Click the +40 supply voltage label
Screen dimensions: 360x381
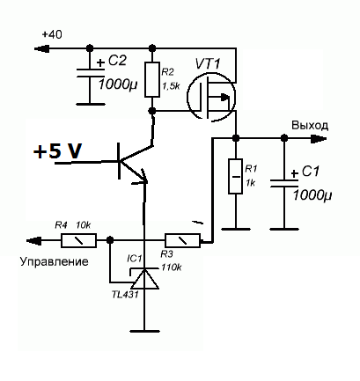[52, 34]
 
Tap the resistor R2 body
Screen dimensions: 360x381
[152, 79]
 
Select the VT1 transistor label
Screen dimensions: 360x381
[208, 63]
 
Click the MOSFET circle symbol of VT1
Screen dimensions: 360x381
[211, 97]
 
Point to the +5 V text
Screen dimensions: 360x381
[57, 151]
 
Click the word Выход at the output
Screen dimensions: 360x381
[310, 126]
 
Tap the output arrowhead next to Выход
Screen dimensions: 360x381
[319, 139]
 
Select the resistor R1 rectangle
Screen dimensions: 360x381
[235, 176]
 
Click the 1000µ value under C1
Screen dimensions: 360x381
[312, 195]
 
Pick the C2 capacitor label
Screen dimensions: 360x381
[117, 61]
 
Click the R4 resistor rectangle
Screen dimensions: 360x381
[78, 240]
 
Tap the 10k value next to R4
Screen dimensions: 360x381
[84, 225]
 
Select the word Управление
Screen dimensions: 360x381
[55, 261]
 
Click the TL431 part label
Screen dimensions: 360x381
[125, 295]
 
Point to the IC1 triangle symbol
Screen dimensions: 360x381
[144, 279]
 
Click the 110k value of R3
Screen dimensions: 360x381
[171, 267]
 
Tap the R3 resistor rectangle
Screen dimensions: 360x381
[183, 240]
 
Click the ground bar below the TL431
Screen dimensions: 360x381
[144, 331]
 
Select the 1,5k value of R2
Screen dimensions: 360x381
[171, 86]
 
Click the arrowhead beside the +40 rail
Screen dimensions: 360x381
[41, 48]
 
